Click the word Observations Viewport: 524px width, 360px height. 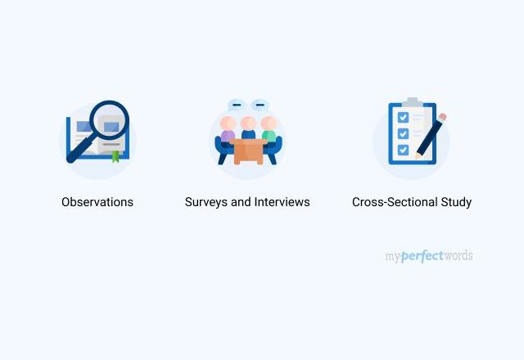tap(97, 201)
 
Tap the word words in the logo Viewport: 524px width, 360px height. tap(458, 256)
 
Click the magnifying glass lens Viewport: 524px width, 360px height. tap(110, 120)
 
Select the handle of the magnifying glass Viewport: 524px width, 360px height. tap(79, 151)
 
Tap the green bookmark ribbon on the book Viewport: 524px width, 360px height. tap(115, 155)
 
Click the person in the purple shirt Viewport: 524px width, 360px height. tap(228, 131)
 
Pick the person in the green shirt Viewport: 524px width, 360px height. tap(269, 131)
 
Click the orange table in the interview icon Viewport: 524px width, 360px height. tap(248, 151)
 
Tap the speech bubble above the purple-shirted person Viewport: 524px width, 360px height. tap(237, 105)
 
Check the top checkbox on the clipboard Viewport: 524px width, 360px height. tap(403, 118)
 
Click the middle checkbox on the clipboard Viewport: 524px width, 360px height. tap(403, 133)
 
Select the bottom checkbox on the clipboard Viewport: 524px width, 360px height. tap(403, 149)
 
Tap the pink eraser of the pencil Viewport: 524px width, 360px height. tap(443, 117)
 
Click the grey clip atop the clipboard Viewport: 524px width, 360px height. tap(412, 102)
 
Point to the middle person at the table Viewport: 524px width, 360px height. tap(248, 128)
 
